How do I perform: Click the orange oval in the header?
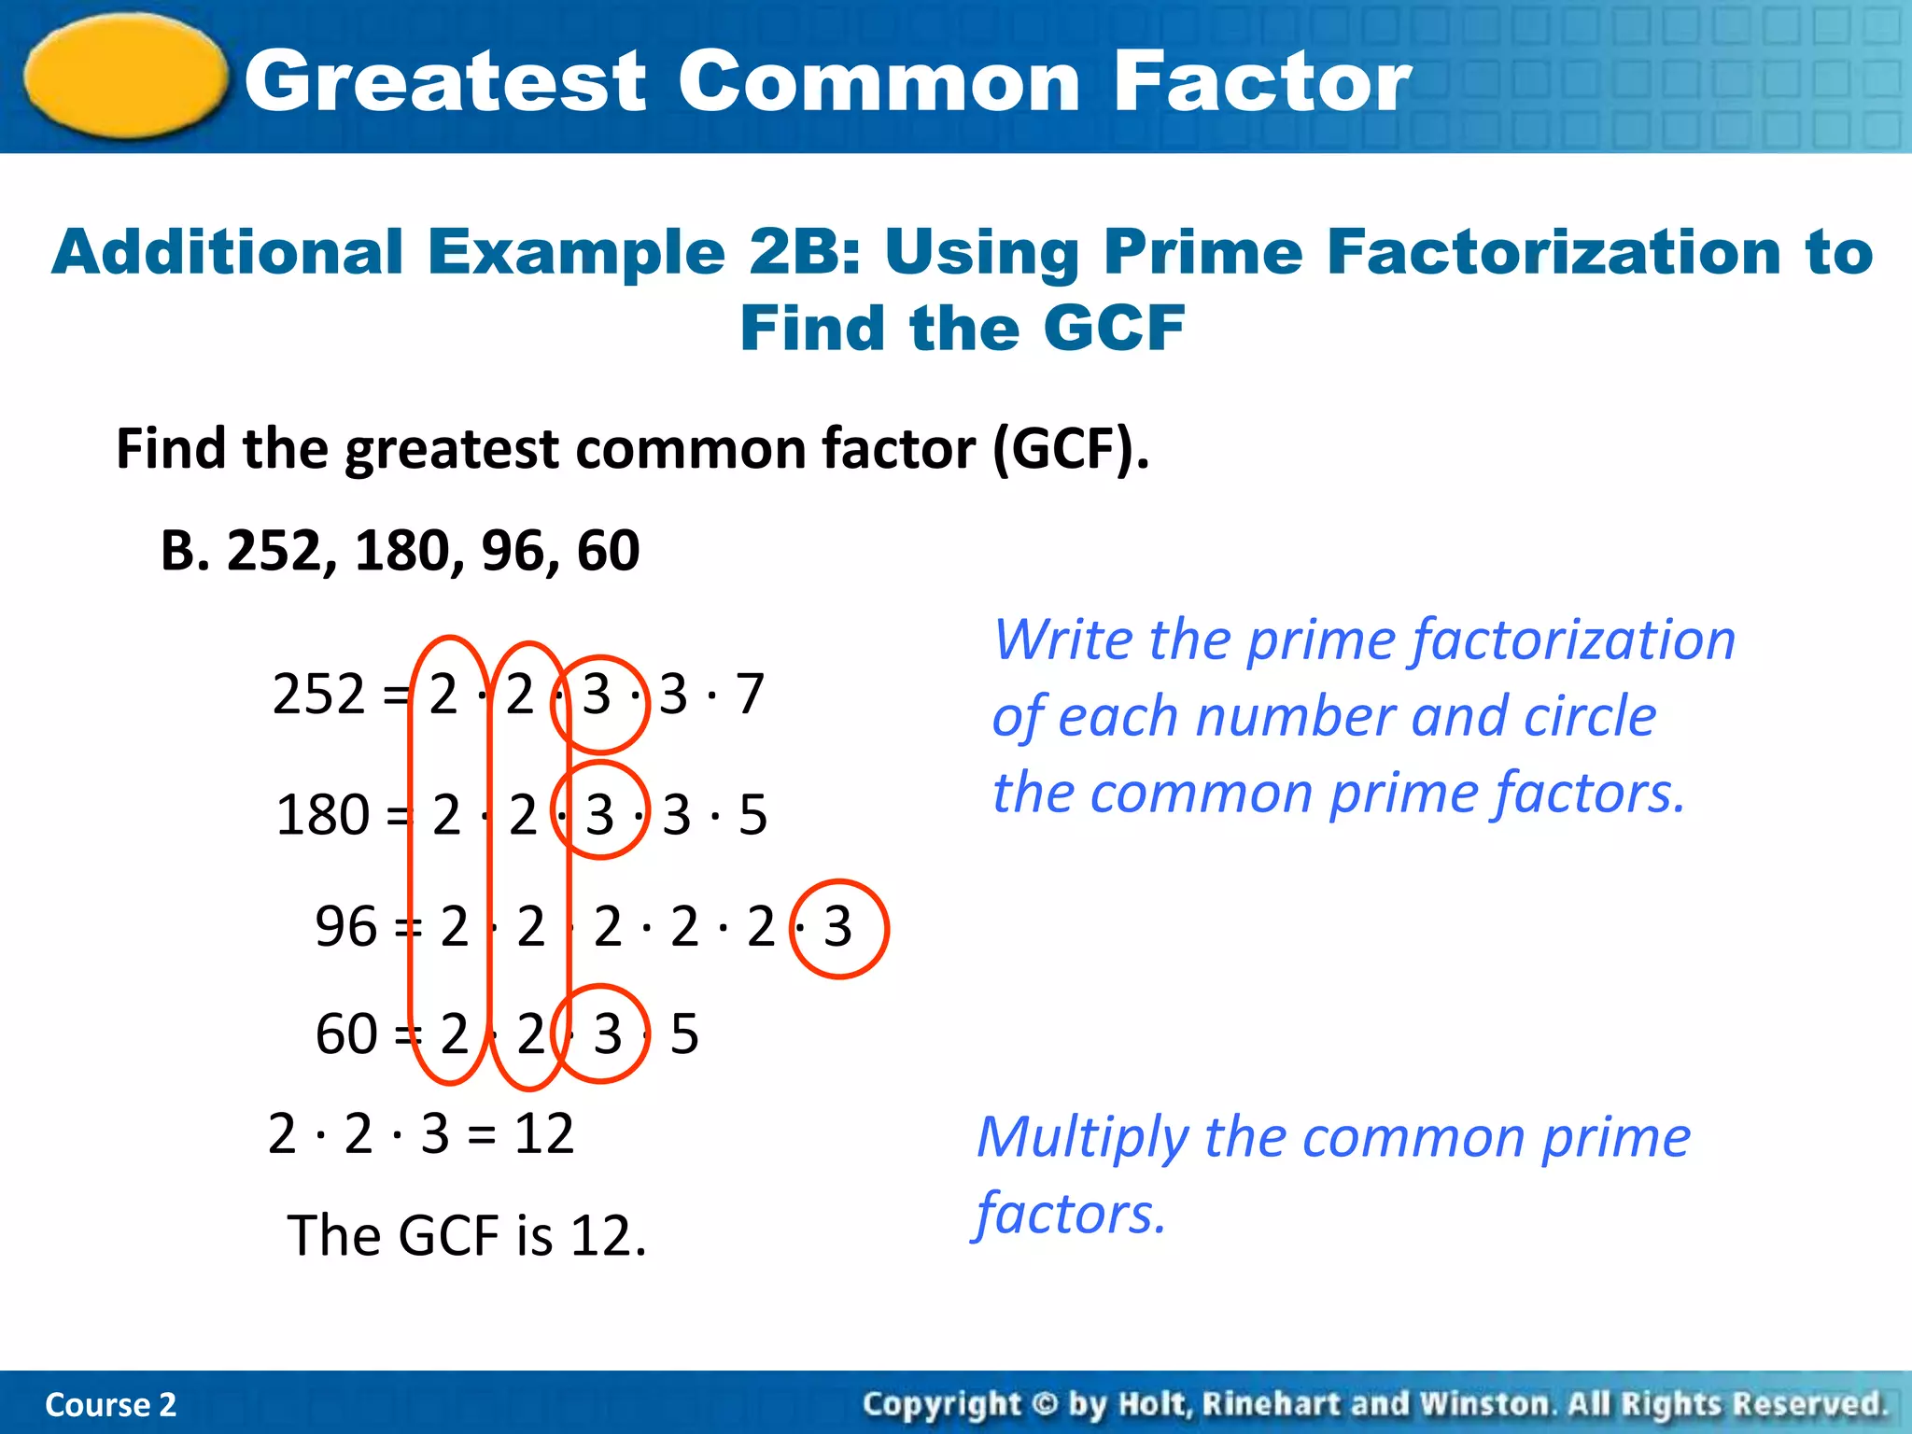126,77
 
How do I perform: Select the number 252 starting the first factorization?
318,695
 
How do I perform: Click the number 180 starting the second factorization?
322,815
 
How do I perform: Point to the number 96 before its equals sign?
345,927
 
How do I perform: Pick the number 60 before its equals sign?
345,1034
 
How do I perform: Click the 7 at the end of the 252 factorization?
750,695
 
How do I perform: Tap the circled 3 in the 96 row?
837,927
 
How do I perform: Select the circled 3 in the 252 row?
597,696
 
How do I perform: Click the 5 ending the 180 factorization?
752,815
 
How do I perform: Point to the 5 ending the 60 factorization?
684,1034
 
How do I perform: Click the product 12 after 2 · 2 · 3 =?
544,1134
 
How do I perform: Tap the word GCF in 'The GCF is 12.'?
449,1236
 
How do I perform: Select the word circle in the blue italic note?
1597,717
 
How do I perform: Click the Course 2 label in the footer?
110,1404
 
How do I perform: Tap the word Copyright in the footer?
942,1404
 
